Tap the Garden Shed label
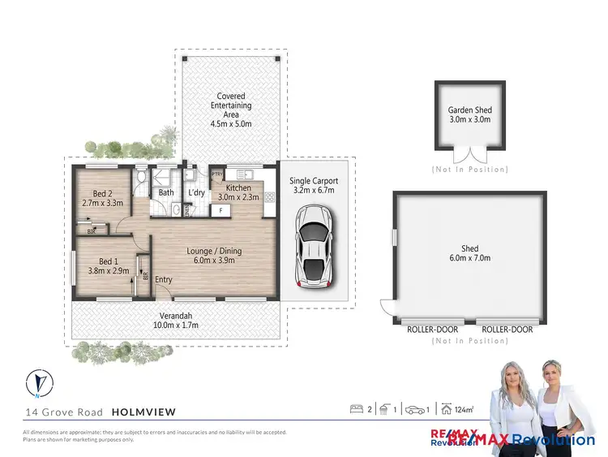[x=470, y=110]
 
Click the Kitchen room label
[x=238, y=188]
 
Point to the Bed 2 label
[x=102, y=193]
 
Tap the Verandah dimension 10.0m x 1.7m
[x=175, y=325]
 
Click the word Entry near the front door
[x=164, y=280]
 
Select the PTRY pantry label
[x=217, y=174]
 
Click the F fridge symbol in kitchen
[x=216, y=210]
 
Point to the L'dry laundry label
[x=196, y=193]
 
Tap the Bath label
[x=166, y=193]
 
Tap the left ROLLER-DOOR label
[x=433, y=330]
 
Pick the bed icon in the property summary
[x=355, y=409]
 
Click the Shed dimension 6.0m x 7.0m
[x=470, y=258]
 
